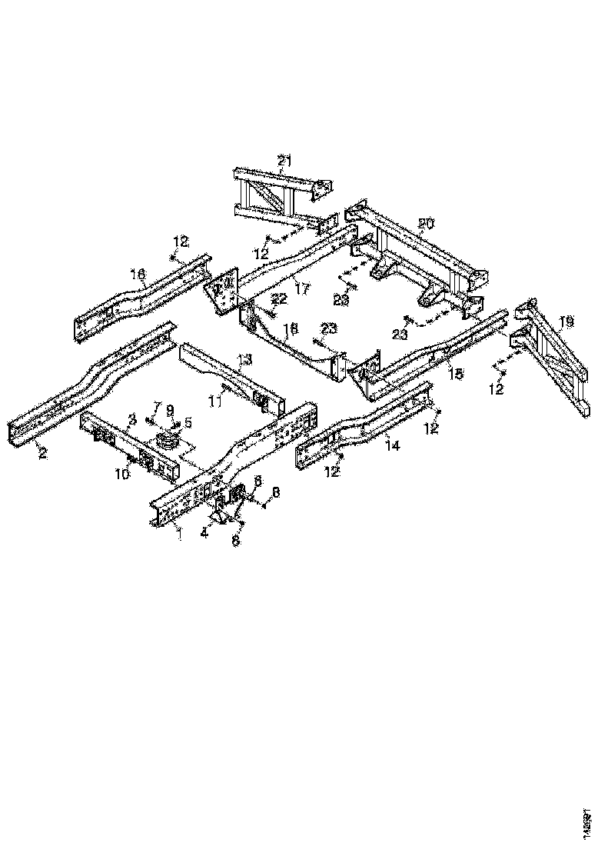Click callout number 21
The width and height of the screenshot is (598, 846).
[x=284, y=161]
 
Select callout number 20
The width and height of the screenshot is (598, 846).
[x=426, y=224]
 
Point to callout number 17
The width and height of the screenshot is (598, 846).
[x=302, y=290]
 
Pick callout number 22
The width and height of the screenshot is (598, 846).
[x=279, y=298]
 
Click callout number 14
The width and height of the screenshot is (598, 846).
[x=392, y=444]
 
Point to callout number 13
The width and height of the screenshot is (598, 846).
[x=244, y=359]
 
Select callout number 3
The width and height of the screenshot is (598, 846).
[x=131, y=419]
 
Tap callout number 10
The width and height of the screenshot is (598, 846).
[x=122, y=475]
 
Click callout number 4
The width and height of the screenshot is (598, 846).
[x=204, y=531]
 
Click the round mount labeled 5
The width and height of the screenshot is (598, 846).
[x=166, y=444]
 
